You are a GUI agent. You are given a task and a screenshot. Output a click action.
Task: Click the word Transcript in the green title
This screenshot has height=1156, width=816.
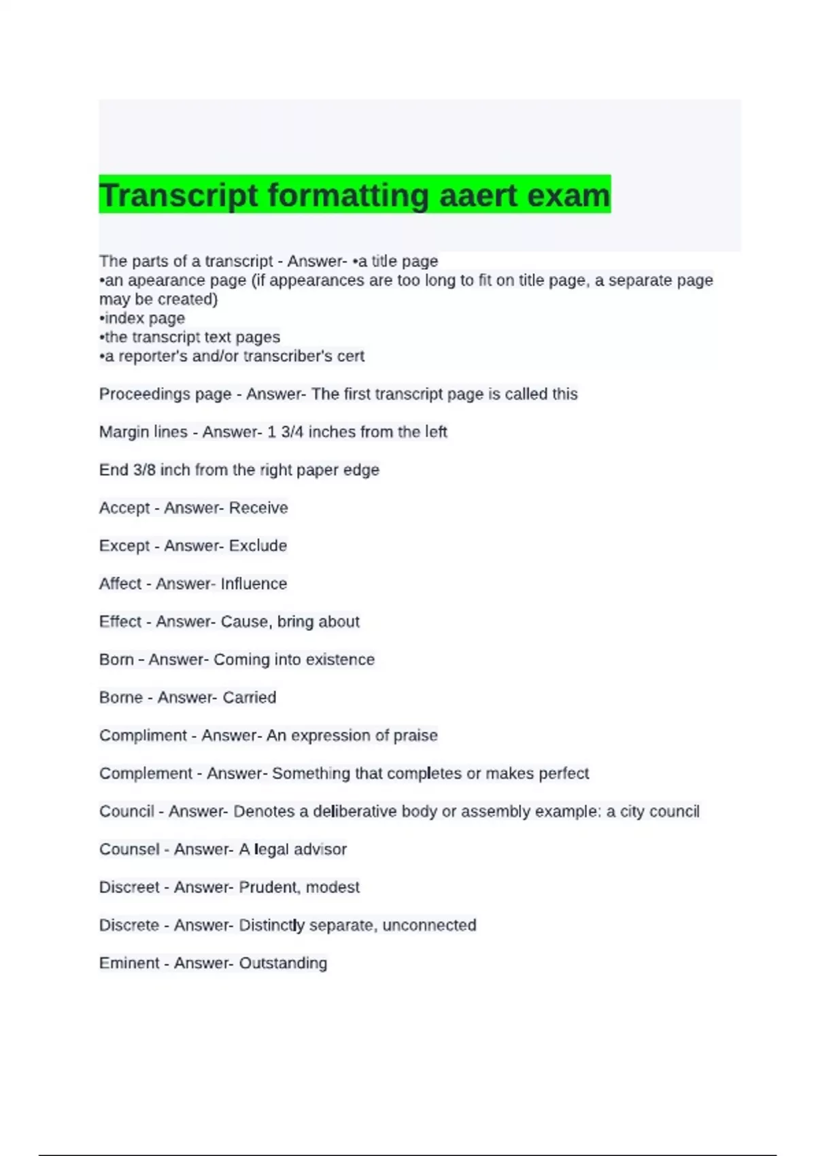tap(179, 196)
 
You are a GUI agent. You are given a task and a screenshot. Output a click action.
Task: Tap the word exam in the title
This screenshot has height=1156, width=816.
tap(568, 196)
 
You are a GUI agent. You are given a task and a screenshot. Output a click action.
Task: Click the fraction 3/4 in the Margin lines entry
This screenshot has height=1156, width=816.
tap(290, 432)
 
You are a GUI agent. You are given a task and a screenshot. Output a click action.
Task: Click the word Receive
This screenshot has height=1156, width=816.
tap(258, 508)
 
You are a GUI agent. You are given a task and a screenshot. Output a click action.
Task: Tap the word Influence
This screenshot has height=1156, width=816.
tap(254, 584)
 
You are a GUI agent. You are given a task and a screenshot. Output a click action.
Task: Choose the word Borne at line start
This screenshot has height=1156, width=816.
tap(121, 698)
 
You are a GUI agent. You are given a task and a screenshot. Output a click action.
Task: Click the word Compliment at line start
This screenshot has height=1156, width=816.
tap(143, 736)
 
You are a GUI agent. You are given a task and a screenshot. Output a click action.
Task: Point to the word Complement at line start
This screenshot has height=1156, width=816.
tap(146, 774)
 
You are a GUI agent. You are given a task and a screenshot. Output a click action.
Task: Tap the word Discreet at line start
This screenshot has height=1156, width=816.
tap(129, 887)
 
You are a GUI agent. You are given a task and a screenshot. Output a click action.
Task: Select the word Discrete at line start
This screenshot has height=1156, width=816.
tap(129, 925)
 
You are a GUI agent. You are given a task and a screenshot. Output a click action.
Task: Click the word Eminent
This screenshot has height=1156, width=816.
tap(129, 964)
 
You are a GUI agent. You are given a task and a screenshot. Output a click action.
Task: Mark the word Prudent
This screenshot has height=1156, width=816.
tap(269, 887)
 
